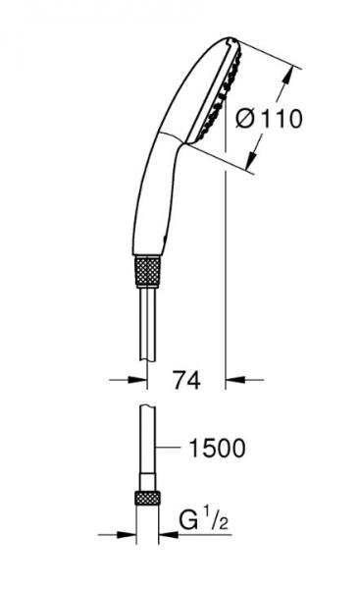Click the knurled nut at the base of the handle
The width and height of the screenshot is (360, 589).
pos(146,269)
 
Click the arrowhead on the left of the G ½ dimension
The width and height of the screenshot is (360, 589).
pos(129,535)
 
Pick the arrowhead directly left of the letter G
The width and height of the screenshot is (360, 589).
pos(167,535)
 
